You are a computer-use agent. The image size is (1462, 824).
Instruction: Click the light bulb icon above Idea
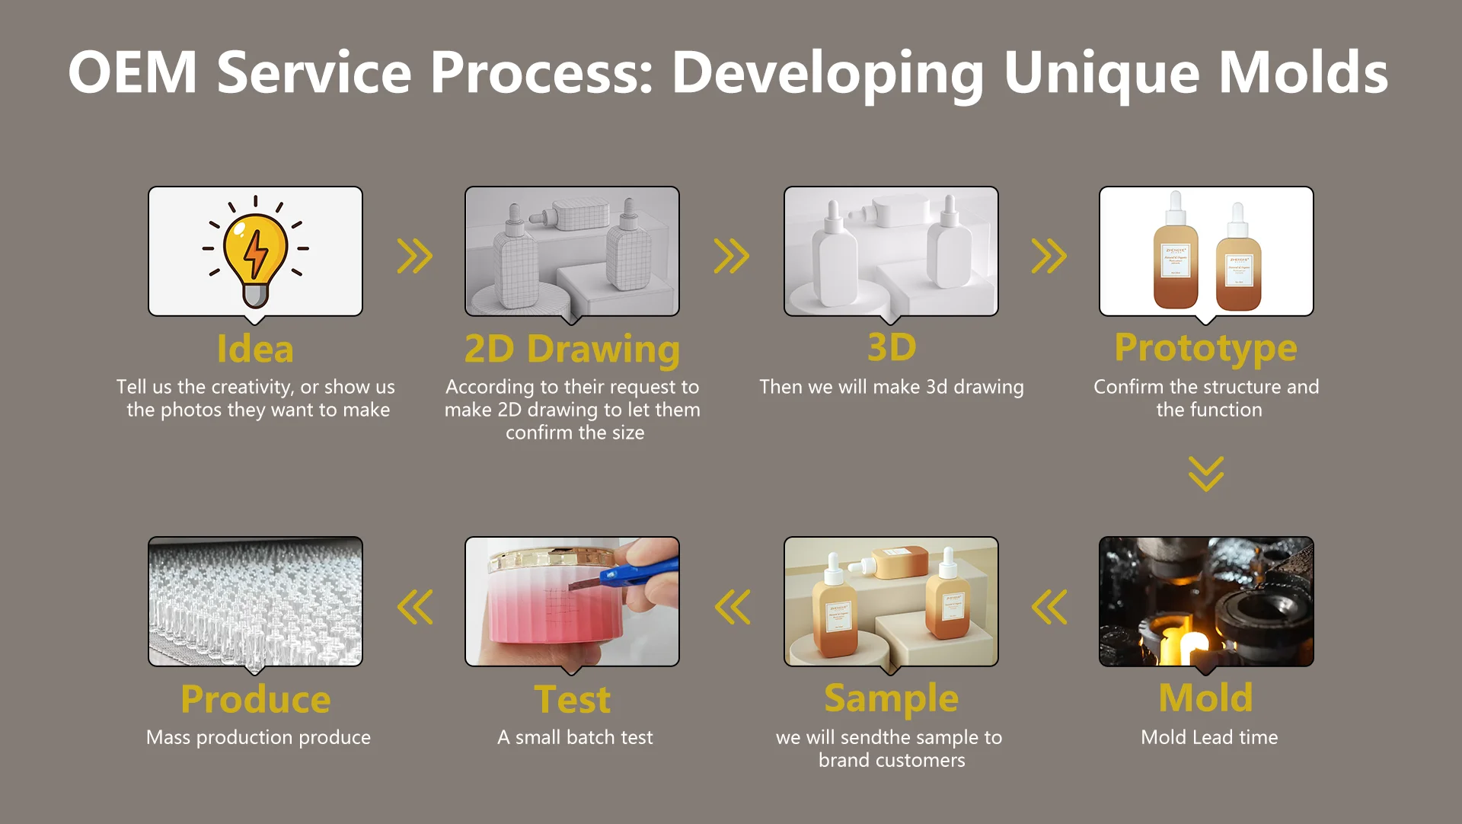click(255, 251)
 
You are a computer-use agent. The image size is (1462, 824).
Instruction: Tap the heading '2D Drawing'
click(572, 349)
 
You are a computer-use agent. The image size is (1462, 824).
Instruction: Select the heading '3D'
click(891, 348)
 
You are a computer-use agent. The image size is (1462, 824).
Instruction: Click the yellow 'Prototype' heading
click(1205, 348)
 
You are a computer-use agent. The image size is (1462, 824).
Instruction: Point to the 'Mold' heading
click(1205, 698)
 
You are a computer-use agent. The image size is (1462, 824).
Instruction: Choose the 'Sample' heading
click(891, 698)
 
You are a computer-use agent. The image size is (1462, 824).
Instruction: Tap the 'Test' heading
click(572, 700)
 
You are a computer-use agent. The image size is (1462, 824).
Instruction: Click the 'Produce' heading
click(255, 700)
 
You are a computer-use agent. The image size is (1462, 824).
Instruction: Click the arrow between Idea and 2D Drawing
click(415, 256)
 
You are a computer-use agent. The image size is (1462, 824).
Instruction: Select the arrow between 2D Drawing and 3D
click(732, 256)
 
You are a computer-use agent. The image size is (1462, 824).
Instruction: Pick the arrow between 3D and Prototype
click(1049, 256)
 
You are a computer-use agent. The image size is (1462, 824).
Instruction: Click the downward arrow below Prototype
click(1206, 474)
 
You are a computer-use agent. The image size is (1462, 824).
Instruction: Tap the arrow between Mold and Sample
click(1049, 607)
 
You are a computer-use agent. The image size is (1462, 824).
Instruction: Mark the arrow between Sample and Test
click(733, 607)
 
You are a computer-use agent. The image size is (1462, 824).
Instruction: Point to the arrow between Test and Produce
click(415, 607)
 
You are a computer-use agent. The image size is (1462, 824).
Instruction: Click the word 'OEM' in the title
click(133, 73)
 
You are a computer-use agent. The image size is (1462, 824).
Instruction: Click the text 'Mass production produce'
click(258, 737)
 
